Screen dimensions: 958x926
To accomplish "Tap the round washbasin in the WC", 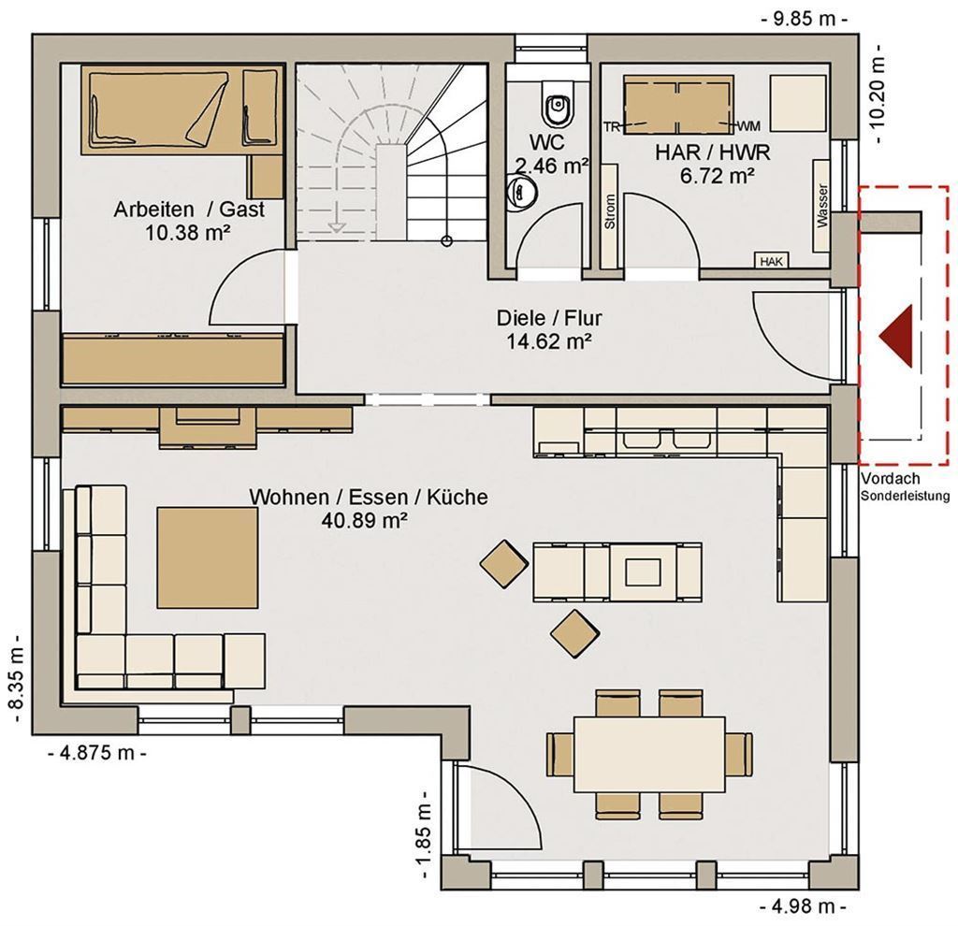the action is pos(522,191).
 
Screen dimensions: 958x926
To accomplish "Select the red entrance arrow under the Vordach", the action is pos(896,336).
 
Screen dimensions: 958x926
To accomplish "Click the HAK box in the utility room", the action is pos(772,261).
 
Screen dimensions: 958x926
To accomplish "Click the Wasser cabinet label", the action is pos(822,205).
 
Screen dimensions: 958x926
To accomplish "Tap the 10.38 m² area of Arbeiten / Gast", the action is pos(188,232).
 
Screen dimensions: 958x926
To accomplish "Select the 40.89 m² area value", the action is pos(365,520).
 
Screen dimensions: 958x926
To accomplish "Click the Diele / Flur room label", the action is pos(549,318).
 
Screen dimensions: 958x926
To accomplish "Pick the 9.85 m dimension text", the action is pos(804,19).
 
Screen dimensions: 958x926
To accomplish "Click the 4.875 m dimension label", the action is pos(97,753).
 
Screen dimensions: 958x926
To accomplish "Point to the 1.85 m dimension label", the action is pos(424,836).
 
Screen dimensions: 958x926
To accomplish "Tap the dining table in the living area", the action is pos(649,754).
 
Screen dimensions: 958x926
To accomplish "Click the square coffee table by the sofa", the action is pos(207,557).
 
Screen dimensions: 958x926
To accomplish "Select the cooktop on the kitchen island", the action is pos(643,572).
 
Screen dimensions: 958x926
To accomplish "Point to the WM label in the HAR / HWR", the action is pos(749,126).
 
